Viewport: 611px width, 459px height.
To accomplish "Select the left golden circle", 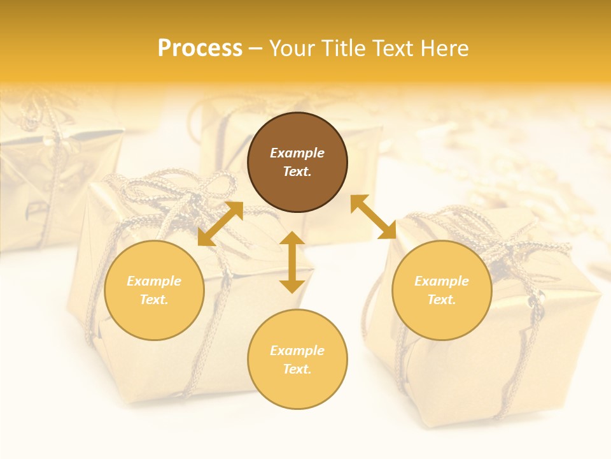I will tap(154, 290).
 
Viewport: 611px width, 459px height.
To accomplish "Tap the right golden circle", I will tap(442, 290).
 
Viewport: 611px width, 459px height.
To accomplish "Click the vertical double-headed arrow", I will tap(292, 262).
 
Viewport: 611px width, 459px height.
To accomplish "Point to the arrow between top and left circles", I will tap(220, 224).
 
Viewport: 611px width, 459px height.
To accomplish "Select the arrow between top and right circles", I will tap(373, 217).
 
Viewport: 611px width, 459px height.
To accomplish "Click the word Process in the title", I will tap(200, 48).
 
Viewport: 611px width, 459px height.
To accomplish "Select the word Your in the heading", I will tap(293, 48).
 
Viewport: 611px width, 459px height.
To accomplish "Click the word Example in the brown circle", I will tap(297, 153).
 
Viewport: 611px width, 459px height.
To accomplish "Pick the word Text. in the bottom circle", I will tap(297, 369).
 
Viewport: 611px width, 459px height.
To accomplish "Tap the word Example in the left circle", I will tap(154, 281).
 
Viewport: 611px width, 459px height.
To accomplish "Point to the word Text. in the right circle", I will tap(442, 300).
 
